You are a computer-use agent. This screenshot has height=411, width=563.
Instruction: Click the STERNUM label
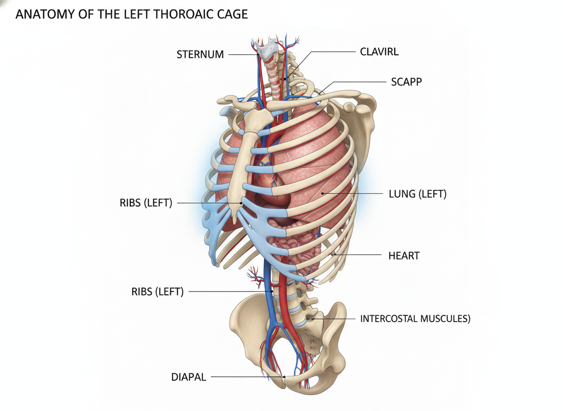pos(200,54)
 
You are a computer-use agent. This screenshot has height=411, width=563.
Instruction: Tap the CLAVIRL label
pos(379,52)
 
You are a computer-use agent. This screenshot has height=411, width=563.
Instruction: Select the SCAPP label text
pos(407,82)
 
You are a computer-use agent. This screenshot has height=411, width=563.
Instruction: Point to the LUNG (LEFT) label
pos(417,194)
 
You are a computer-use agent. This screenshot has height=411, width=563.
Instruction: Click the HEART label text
pos(404,256)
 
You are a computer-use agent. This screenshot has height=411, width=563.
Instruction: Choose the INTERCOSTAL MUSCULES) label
pos(415,319)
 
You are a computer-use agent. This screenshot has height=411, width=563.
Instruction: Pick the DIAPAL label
pos(188,377)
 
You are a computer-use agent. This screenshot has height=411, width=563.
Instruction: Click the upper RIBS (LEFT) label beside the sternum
pos(146,203)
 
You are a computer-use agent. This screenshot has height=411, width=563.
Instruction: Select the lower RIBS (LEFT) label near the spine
pos(157,292)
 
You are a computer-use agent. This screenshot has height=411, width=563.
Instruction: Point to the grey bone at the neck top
pos(268,49)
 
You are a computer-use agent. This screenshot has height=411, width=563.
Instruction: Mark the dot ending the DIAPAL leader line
pos(284,377)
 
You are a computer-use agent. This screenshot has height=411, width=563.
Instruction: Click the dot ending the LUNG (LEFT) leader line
pos(322,193)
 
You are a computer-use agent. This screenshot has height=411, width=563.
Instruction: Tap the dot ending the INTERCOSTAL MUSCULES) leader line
pos(312,318)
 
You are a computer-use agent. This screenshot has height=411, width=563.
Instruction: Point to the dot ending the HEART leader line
pos(334,254)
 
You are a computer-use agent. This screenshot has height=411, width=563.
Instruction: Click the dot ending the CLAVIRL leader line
pos(285,78)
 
